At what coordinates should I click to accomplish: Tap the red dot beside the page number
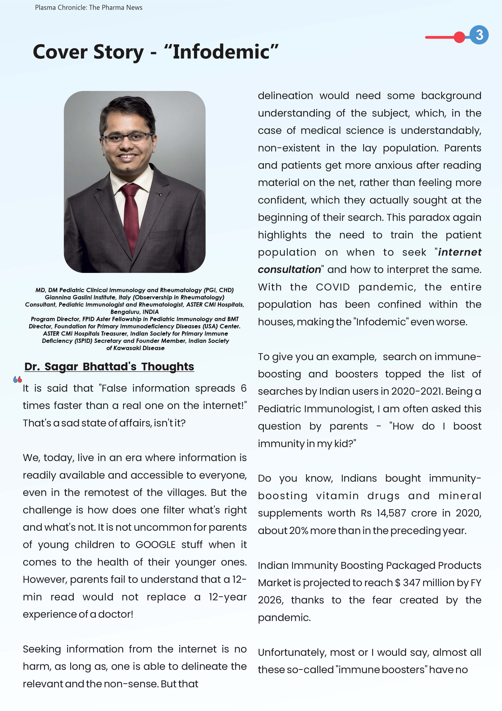tap(459, 37)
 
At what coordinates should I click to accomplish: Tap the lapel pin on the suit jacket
tap(160, 195)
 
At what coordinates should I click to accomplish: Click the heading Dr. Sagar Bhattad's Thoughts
tap(109, 367)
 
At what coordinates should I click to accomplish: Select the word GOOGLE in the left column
tap(155, 545)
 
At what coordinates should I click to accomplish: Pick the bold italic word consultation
tap(289, 270)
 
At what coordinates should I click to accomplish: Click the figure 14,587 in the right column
tap(391, 513)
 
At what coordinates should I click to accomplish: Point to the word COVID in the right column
tap(333, 287)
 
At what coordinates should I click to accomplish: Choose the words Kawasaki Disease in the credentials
tap(139, 348)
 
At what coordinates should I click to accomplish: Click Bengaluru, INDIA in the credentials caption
tap(134, 312)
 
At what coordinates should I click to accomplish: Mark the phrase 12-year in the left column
tap(228, 597)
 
